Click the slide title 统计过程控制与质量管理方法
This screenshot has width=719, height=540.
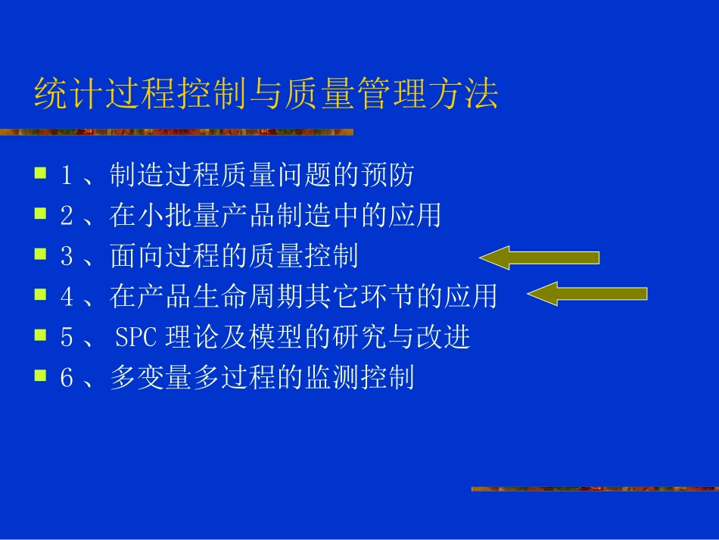click(266, 96)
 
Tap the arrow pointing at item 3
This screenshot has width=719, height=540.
click(539, 258)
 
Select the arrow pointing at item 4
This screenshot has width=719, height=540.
click(587, 293)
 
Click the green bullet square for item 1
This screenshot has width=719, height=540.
click(40, 173)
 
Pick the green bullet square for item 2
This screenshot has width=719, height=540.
click(40, 214)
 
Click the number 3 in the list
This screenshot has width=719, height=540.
click(67, 257)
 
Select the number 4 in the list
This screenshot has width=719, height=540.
click(67, 297)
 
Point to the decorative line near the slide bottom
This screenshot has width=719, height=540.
click(594, 489)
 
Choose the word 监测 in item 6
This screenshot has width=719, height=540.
click(331, 377)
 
